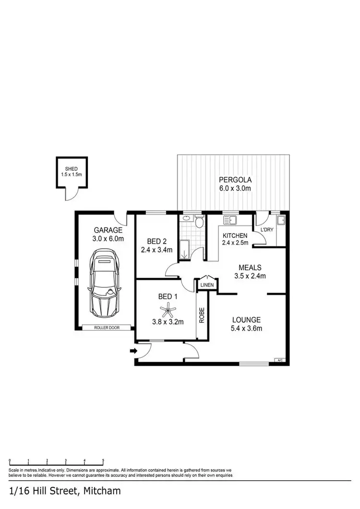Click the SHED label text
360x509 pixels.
(71, 169)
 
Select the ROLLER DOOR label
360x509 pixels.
(106, 328)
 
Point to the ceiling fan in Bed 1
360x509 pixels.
(168, 310)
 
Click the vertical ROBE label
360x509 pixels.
(202, 315)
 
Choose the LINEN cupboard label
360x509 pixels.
(207, 285)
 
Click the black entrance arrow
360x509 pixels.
(133, 351)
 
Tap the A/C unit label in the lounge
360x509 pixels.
(279, 360)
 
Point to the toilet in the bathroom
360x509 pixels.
(199, 222)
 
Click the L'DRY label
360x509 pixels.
(266, 230)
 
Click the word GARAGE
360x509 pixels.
(108, 230)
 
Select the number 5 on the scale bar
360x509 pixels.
(103, 460)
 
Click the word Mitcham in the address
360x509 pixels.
(102, 491)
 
